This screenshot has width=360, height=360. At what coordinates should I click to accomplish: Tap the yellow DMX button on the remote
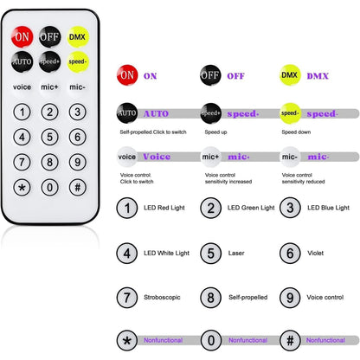click(78, 36)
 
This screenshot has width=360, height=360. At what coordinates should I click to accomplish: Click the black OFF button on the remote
click(50, 36)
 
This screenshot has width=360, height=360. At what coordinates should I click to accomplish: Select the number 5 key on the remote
click(50, 137)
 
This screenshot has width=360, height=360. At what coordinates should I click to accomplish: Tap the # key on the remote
click(78, 188)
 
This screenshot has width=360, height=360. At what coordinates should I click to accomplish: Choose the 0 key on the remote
click(50, 188)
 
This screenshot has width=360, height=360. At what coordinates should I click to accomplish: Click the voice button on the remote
click(22, 87)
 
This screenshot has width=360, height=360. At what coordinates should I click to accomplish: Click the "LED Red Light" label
click(164, 208)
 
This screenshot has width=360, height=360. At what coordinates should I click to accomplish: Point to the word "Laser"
click(236, 253)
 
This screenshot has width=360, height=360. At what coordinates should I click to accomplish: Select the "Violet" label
click(315, 253)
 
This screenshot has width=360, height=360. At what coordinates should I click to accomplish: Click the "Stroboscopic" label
click(162, 298)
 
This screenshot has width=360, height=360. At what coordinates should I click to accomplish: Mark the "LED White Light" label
click(166, 254)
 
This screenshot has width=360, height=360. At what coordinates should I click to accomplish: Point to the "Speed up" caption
click(215, 132)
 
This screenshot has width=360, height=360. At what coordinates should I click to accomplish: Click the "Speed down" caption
click(296, 132)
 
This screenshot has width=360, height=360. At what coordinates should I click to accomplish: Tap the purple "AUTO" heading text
click(156, 113)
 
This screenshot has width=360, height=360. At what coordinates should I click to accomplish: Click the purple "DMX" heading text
click(318, 76)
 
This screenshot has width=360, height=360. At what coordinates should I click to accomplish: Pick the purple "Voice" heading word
click(157, 157)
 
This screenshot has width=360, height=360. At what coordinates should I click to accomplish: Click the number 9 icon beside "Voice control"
click(290, 298)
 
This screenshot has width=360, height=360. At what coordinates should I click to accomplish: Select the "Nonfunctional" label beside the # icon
click(325, 340)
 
